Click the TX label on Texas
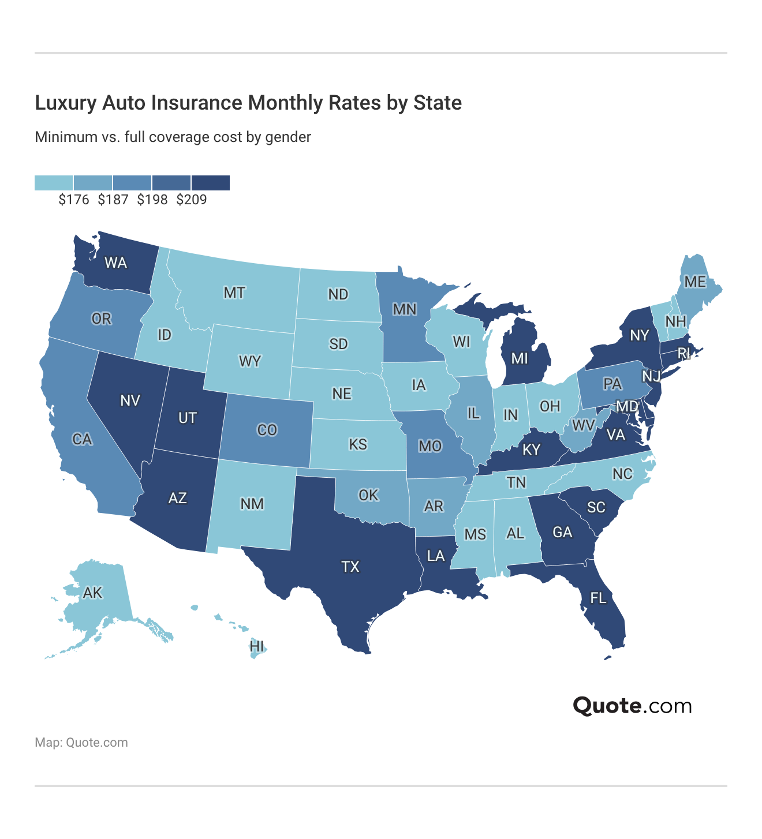pyautogui.click(x=350, y=567)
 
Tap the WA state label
pyautogui.click(x=115, y=263)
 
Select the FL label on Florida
pyautogui.click(x=599, y=598)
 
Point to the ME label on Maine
pyautogui.click(x=695, y=282)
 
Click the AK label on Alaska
pyautogui.click(x=92, y=593)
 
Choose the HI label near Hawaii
pyautogui.click(x=257, y=646)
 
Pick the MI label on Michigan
pyautogui.click(x=520, y=358)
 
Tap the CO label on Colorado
pyautogui.click(x=267, y=430)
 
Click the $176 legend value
pyautogui.click(x=74, y=200)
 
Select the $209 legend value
pyautogui.click(x=192, y=200)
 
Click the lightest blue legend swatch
pyautogui.click(x=54, y=183)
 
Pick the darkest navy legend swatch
pyautogui.click(x=211, y=183)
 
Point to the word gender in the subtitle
pyautogui.click(x=288, y=137)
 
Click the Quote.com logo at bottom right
pyautogui.click(x=632, y=705)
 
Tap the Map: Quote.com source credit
pyautogui.click(x=81, y=743)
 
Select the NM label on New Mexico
pyautogui.click(x=252, y=504)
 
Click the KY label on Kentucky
pyautogui.click(x=531, y=450)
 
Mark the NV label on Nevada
pyautogui.click(x=130, y=400)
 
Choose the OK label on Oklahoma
pyautogui.click(x=368, y=495)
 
